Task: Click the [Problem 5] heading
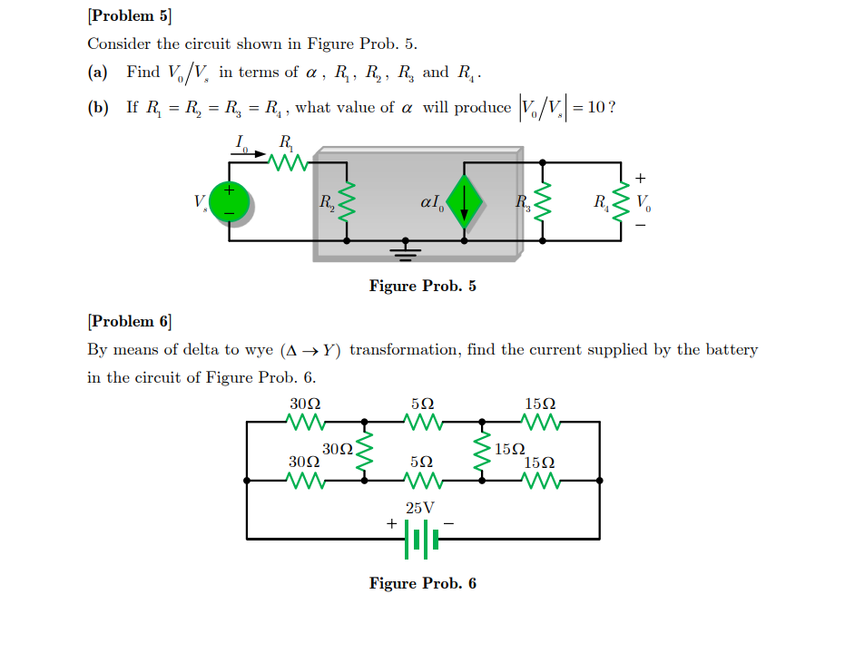pyautogui.click(x=129, y=15)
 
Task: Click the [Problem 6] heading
pyautogui.click(x=129, y=321)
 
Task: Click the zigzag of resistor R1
pyautogui.click(x=290, y=162)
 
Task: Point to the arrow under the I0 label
pyautogui.click(x=247, y=154)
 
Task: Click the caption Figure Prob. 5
pyautogui.click(x=422, y=287)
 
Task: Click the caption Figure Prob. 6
pyautogui.click(x=422, y=583)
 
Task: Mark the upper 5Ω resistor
pyautogui.click(x=422, y=422)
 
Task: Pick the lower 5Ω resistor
pyautogui.click(x=422, y=480)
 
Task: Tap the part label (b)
pyautogui.click(x=98, y=108)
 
